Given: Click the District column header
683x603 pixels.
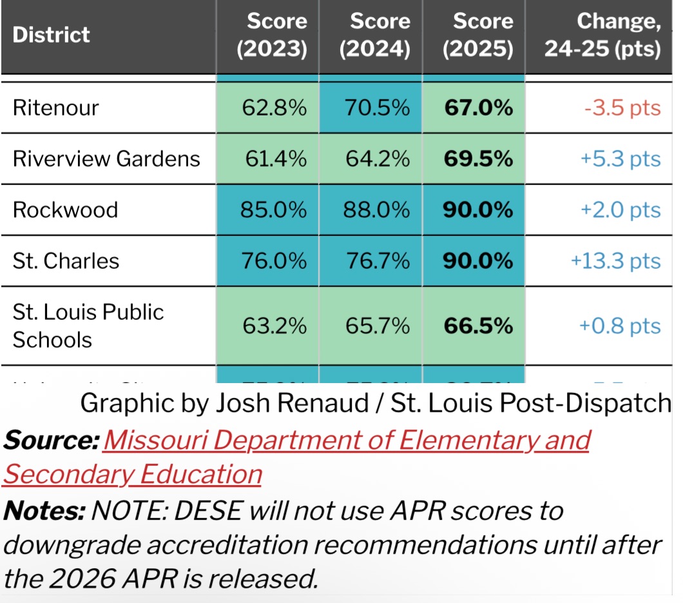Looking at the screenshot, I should coord(52,34).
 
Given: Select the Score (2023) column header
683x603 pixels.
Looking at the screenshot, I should coord(271,35).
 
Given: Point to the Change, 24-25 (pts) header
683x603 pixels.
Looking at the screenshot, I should coord(602,35).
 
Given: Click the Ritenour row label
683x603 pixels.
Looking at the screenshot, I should coord(55,107).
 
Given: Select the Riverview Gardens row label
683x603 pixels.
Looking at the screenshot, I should coord(106,159).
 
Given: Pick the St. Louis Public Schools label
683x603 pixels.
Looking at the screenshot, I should coord(88,326).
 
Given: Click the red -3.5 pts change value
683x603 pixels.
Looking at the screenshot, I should coord(622,108).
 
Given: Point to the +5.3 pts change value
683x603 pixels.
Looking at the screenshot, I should coord(620,159).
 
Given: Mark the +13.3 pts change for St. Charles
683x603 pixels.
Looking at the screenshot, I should coord(616,261).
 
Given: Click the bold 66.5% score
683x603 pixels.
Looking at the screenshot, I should coord(479,326).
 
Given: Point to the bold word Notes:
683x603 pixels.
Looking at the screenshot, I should coord(44,511).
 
